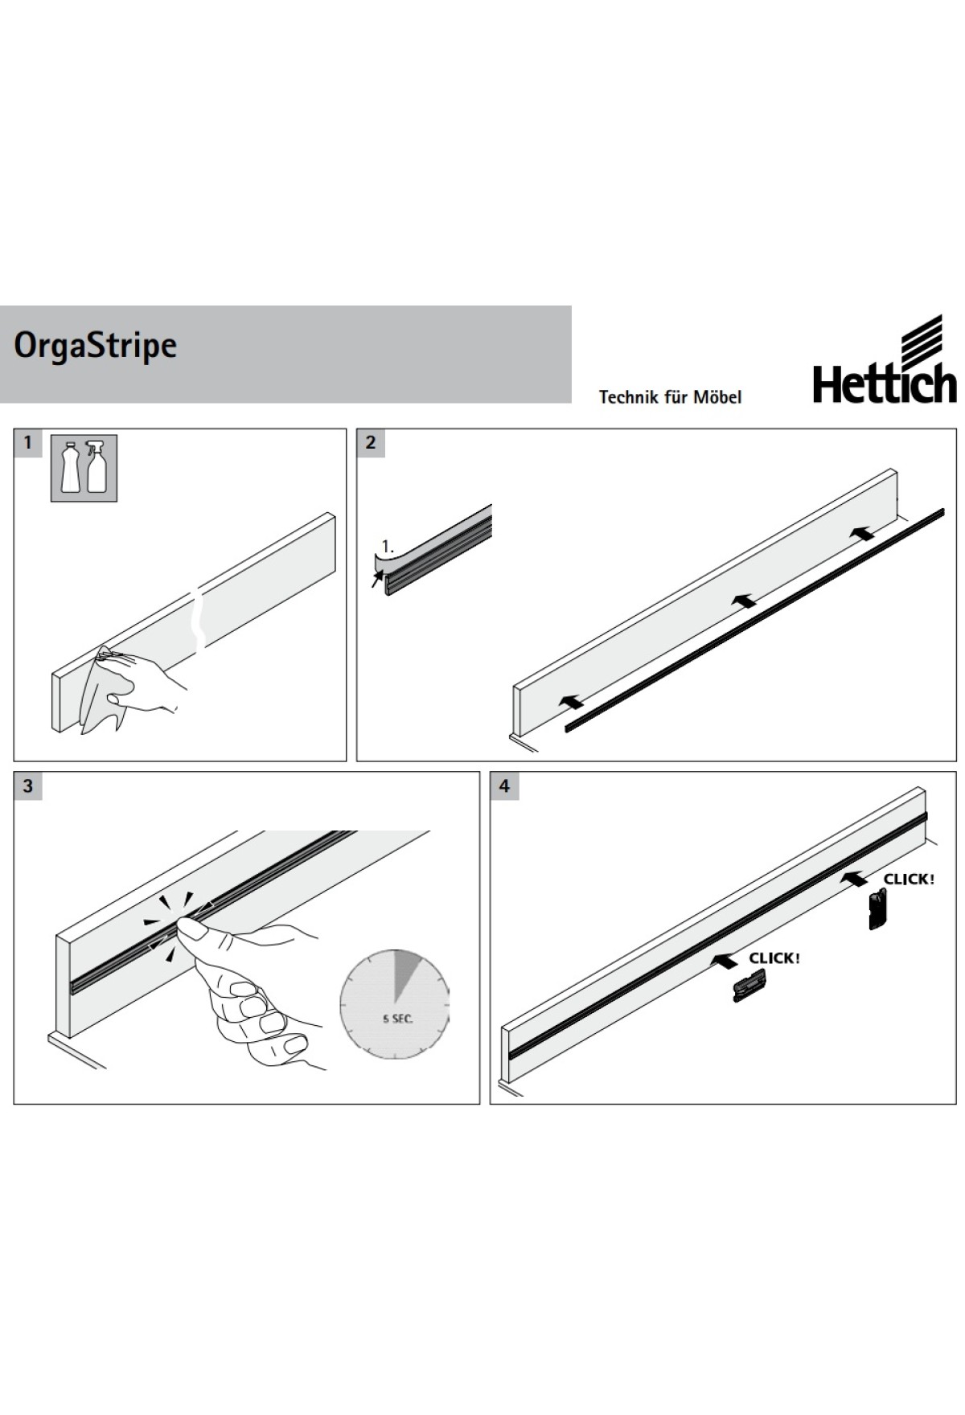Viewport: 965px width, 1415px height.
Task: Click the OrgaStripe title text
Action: point(96,346)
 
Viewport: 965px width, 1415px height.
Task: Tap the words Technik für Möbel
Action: point(670,396)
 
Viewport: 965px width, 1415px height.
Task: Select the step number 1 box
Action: point(28,442)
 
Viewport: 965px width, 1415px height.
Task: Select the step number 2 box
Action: point(371,442)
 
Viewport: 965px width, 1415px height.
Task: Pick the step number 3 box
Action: point(28,785)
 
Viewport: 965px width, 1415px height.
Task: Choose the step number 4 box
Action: point(504,785)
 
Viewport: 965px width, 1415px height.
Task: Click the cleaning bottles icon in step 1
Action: point(84,468)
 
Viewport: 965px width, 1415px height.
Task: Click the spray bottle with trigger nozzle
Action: point(96,466)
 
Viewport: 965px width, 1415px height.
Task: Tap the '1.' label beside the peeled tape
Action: point(388,547)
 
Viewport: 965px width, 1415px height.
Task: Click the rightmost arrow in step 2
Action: point(863,532)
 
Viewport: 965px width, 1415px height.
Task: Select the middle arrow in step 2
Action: point(744,600)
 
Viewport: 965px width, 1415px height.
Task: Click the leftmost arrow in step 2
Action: point(571,702)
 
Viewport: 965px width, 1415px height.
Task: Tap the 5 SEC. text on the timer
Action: point(397,1019)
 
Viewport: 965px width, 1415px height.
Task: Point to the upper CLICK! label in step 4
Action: point(909,879)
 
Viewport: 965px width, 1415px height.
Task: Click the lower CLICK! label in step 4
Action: point(774,958)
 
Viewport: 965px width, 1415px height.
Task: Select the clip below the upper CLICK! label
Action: point(877,909)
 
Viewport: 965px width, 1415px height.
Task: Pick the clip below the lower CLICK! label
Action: point(749,985)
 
